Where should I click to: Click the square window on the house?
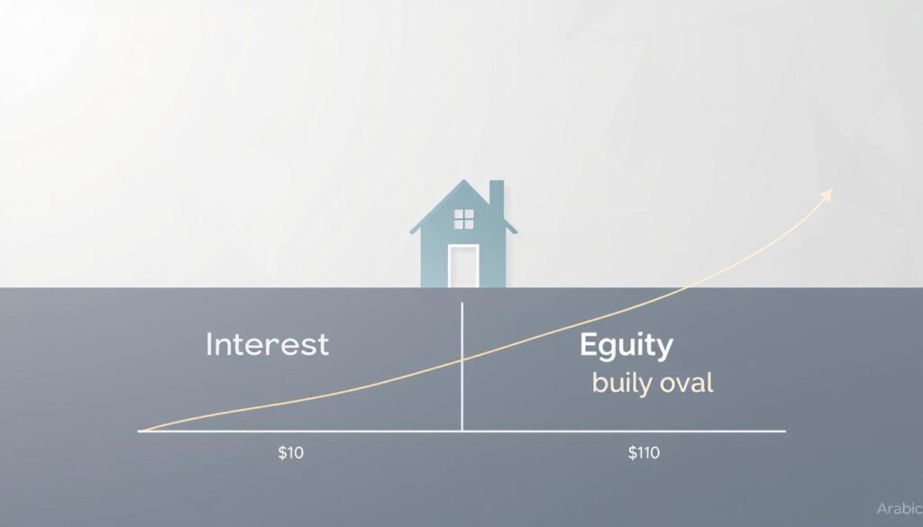463,218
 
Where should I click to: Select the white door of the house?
463,266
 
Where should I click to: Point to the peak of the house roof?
464,182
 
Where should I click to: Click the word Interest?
268,344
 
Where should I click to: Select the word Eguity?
626,345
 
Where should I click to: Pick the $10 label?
291,453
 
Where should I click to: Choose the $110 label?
644,453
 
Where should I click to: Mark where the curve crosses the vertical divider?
461,359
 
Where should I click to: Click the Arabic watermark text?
899,509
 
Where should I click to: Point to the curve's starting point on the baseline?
142,432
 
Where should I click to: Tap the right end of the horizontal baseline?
784,432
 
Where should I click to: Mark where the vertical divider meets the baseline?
461,432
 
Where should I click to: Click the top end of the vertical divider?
461,304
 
